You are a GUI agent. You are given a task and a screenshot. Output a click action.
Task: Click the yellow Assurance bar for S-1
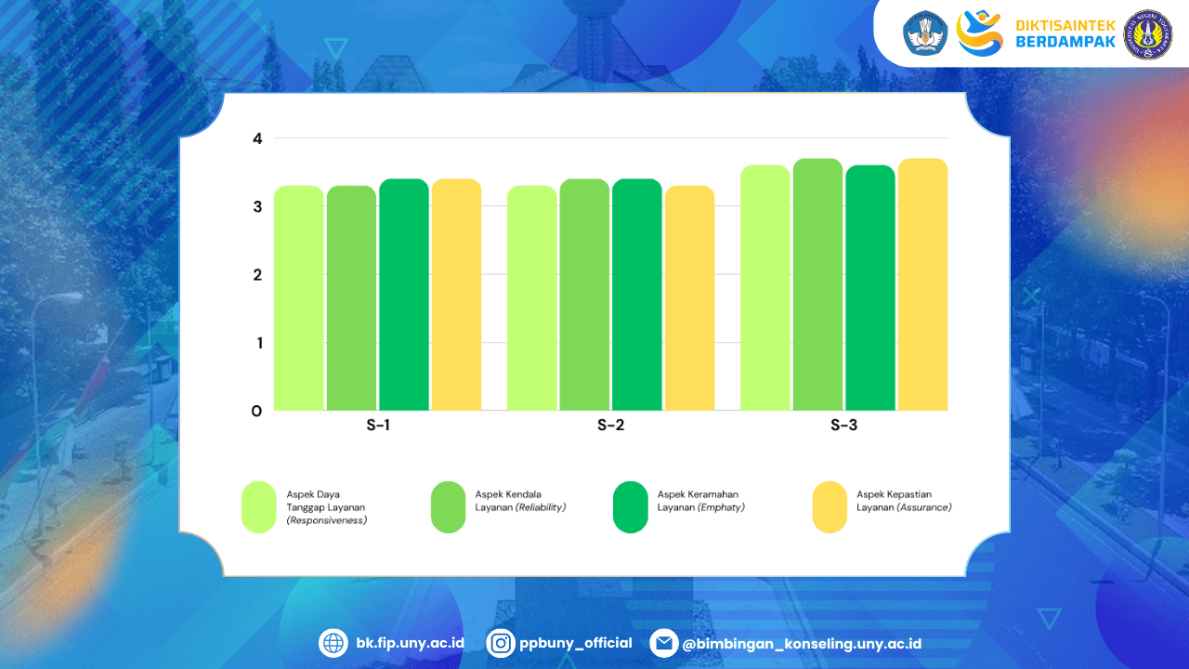pos(456,295)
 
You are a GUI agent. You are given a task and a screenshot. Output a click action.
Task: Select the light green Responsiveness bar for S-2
pos(532,298)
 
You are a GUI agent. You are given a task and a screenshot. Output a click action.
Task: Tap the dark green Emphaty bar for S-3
pos(870,288)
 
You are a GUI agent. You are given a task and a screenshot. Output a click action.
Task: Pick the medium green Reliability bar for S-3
pos(818,284)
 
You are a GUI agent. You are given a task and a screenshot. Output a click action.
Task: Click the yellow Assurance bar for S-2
pos(689,298)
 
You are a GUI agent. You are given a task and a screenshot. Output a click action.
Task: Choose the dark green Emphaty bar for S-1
pos(404,295)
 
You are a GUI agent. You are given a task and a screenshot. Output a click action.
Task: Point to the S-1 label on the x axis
pos(378,426)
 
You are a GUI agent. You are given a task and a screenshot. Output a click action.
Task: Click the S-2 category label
pos(610,426)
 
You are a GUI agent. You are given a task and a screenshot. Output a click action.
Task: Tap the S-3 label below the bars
pos(843,426)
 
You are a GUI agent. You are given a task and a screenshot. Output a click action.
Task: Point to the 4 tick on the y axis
pos(257,138)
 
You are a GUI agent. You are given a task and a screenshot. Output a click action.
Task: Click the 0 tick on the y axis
pos(257,411)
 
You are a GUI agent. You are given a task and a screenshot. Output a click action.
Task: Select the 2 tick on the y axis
pos(257,275)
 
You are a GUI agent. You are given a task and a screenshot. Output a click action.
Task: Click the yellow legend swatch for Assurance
pos(830,507)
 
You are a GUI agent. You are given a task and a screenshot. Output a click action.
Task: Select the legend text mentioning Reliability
pos(520,501)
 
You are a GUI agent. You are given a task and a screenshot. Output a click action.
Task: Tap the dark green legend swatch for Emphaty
pos(631,507)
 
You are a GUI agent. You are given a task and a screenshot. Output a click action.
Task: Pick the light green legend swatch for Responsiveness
pos(259,507)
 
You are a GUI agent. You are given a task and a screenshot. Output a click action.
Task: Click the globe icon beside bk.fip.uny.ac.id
pos(333,643)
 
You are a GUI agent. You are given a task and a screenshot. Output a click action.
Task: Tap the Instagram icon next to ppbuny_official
pos(501,643)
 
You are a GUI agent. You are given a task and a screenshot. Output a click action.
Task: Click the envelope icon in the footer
pos(663,643)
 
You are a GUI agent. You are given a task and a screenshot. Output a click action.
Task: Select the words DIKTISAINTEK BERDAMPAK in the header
pos(1065,34)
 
